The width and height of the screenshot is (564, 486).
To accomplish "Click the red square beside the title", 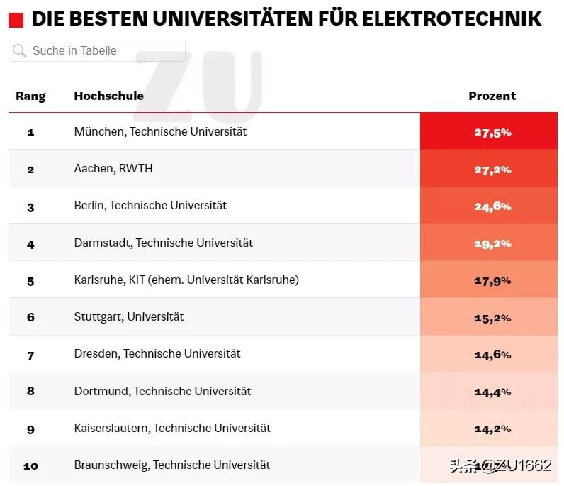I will coord(16,19).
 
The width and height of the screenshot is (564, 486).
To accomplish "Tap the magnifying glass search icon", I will coord(20,51).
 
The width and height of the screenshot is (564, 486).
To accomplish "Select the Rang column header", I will coord(30,96).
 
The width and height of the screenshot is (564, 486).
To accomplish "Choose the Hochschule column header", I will coord(108,96).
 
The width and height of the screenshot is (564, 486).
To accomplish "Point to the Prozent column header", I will coord(492,96).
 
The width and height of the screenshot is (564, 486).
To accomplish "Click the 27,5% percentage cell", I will coord(492,132).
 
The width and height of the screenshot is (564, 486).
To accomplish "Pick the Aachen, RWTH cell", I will coord(113,169).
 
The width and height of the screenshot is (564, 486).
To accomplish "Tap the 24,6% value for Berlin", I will coord(492,206).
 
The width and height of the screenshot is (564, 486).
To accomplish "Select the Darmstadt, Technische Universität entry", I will coord(163,243).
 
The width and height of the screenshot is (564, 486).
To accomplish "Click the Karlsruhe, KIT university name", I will coord(186,280).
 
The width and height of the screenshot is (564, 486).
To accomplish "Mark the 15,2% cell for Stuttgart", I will coord(492,318).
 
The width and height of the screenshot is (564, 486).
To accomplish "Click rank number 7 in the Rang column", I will coord(30,355).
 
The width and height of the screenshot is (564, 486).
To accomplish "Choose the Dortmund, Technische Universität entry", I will coord(162,391).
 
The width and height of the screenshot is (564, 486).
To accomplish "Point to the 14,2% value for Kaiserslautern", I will coord(492,429).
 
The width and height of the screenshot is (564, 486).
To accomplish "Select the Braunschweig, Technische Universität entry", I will coord(171,465).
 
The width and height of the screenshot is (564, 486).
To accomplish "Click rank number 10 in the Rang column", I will coord(30,466).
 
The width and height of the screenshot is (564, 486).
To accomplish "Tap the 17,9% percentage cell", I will coord(492,280).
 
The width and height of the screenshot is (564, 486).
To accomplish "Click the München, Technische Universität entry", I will coord(160,132).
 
